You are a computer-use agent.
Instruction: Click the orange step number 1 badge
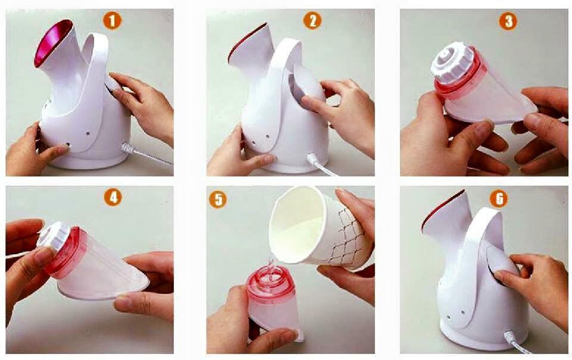(x=112, y=21)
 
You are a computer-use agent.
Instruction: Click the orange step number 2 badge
(x=312, y=21)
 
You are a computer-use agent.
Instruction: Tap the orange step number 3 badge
(x=507, y=21)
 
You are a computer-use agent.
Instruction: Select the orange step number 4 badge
(x=112, y=197)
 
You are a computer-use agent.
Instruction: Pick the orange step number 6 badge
(x=498, y=198)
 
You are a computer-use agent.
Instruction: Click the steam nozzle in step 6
(x=444, y=218)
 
